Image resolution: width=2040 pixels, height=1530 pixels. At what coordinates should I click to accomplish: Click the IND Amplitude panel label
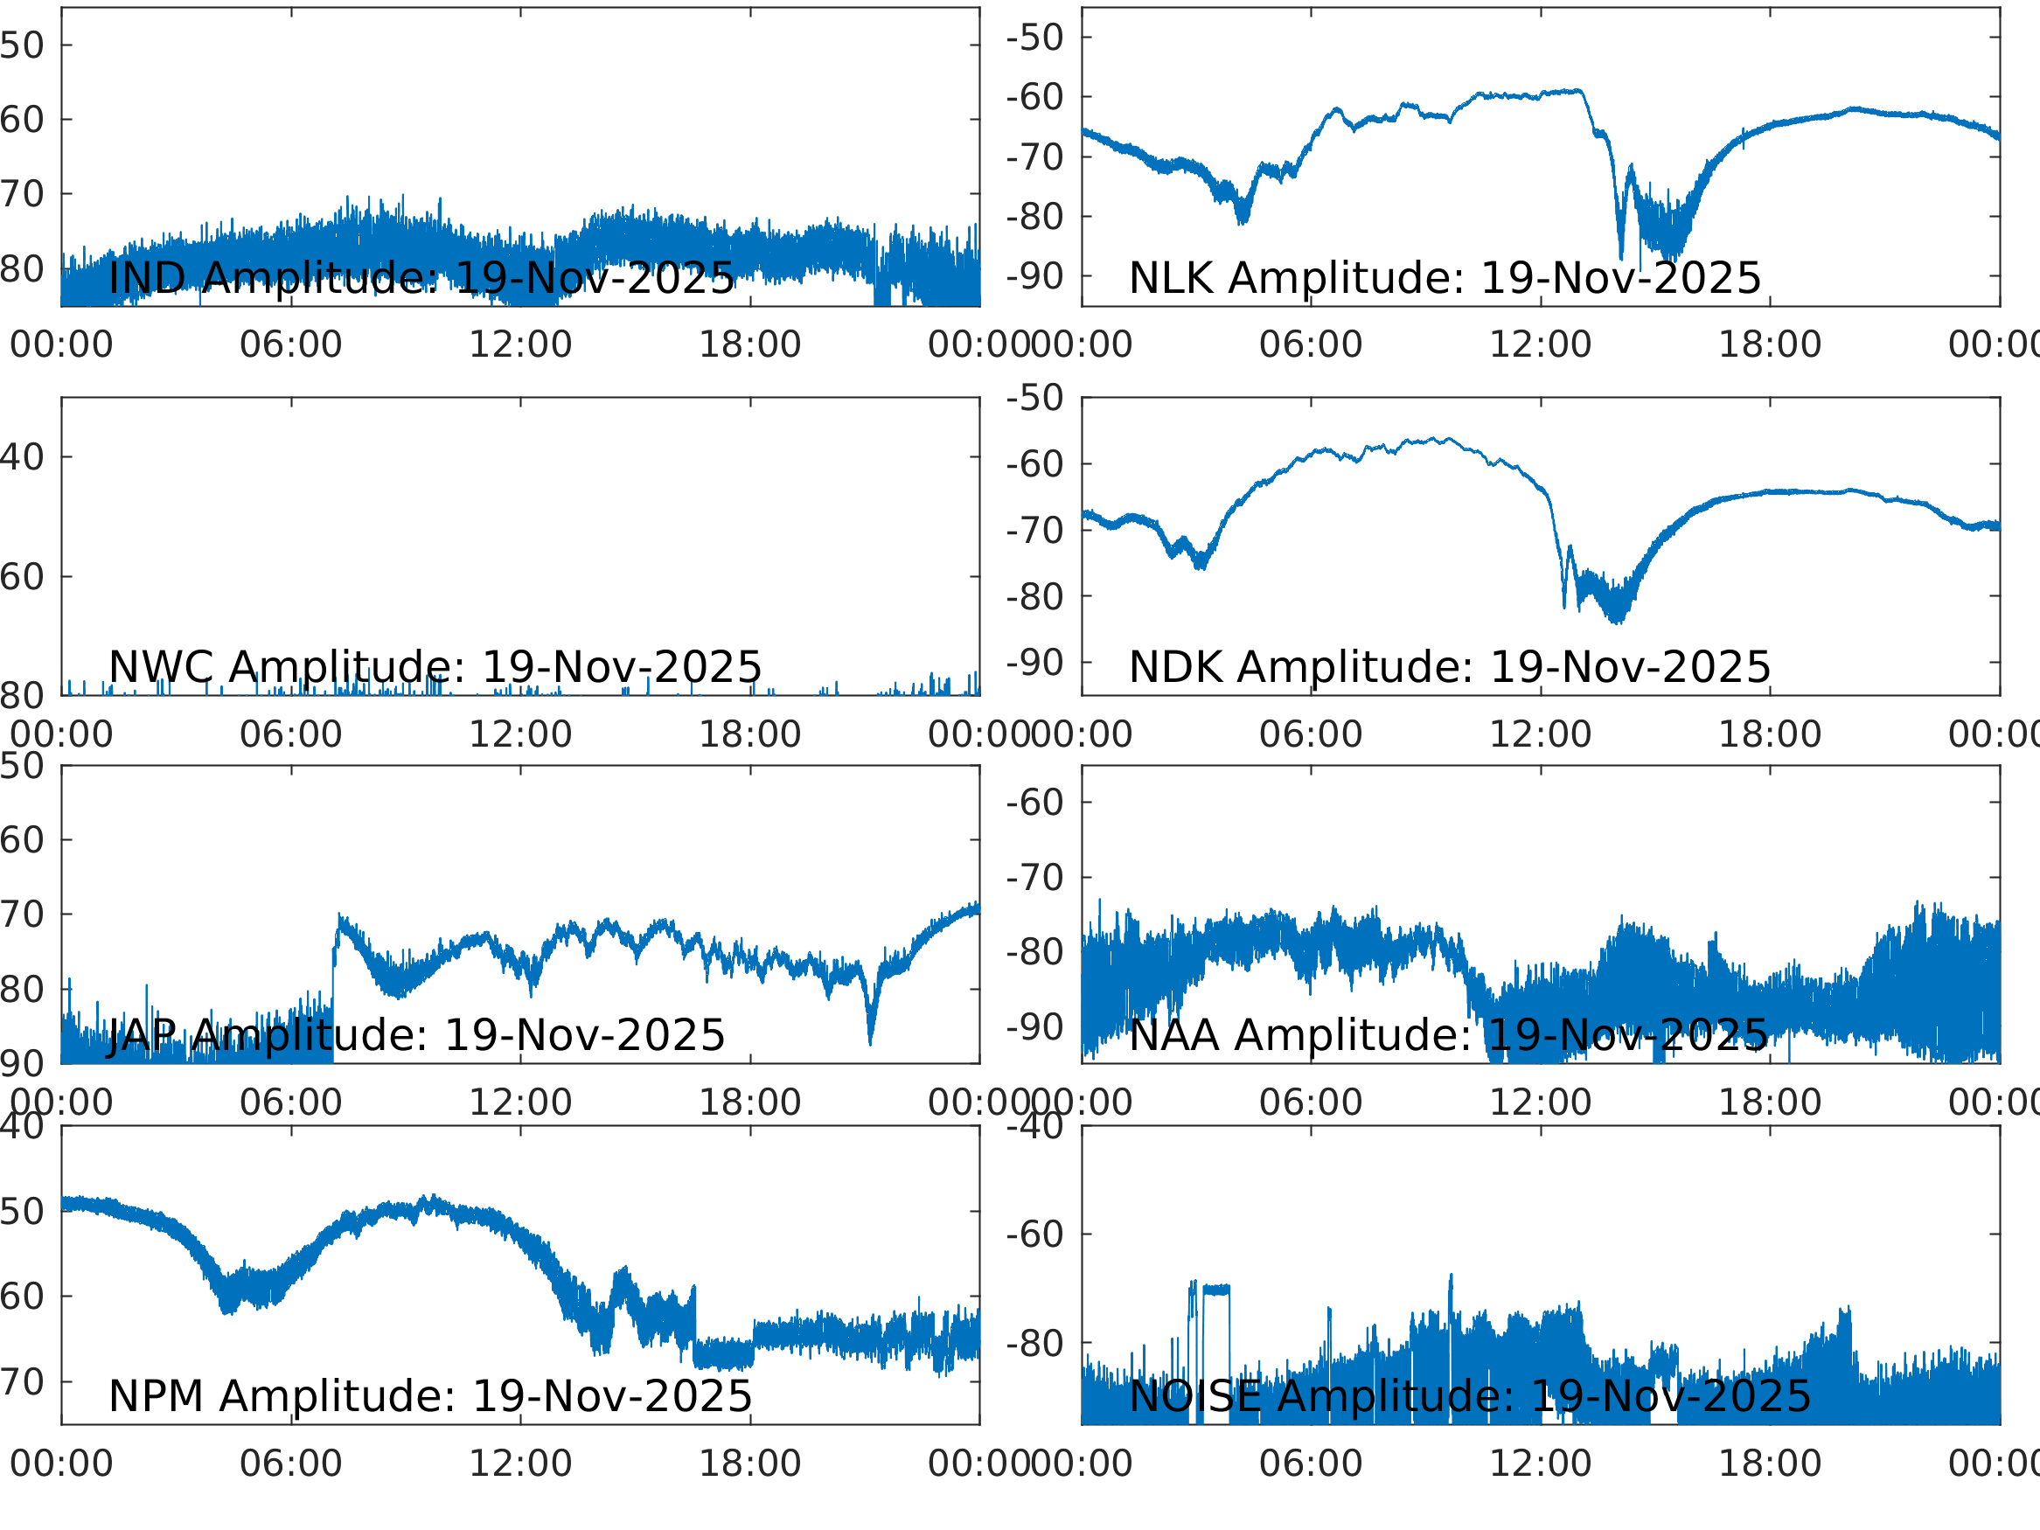point(421,278)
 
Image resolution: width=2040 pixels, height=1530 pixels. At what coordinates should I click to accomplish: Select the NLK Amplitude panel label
point(1445,278)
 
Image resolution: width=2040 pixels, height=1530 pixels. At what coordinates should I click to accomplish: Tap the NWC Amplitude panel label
point(435,667)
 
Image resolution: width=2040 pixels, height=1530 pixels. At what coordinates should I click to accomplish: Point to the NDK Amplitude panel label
point(1449,667)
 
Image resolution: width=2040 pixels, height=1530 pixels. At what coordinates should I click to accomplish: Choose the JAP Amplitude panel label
point(416,1035)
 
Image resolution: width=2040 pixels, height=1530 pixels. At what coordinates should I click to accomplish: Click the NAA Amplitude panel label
point(1448,1035)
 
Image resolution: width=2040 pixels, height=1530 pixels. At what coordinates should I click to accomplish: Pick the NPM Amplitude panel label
point(429,1396)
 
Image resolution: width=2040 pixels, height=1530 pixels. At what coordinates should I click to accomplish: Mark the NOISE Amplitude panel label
point(1469,1396)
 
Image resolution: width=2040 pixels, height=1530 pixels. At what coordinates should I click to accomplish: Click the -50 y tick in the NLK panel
point(1034,38)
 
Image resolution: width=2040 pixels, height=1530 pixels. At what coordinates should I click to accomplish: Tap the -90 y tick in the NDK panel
point(1034,663)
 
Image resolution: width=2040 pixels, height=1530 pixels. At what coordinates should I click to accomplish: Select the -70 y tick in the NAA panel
point(1034,878)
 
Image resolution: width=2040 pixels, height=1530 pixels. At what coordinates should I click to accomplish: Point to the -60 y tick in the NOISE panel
point(1034,1234)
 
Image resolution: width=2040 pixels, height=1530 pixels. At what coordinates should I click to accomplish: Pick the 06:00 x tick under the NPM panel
point(290,1464)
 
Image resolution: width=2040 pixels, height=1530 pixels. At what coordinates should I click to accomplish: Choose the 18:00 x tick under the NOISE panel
point(1769,1464)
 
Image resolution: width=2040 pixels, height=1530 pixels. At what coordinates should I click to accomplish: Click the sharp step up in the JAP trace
point(334,959)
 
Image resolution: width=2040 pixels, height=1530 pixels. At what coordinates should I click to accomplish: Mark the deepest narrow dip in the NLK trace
point(1621,254)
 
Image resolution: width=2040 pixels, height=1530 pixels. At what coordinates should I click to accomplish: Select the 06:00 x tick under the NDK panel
point(1311,734)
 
